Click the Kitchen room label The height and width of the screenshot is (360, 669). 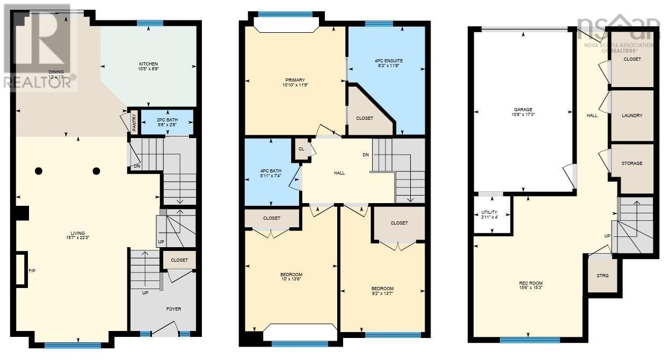(x=148, y=64)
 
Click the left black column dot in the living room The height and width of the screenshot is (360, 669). (x=39, y=171)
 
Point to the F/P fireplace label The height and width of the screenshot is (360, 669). (x=32, y=270)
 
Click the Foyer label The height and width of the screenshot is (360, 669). (x=173, y=309)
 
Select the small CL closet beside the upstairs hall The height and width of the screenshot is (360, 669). (x=301, y=149)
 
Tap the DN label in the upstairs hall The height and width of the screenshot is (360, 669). (x=366, y=155)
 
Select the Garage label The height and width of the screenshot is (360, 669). (x=522, y=109)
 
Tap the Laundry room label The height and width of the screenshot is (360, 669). (x=632, y=116)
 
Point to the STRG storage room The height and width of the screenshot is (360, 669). (x=602, y=276)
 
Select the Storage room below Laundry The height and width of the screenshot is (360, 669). (x=632, y=163)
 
